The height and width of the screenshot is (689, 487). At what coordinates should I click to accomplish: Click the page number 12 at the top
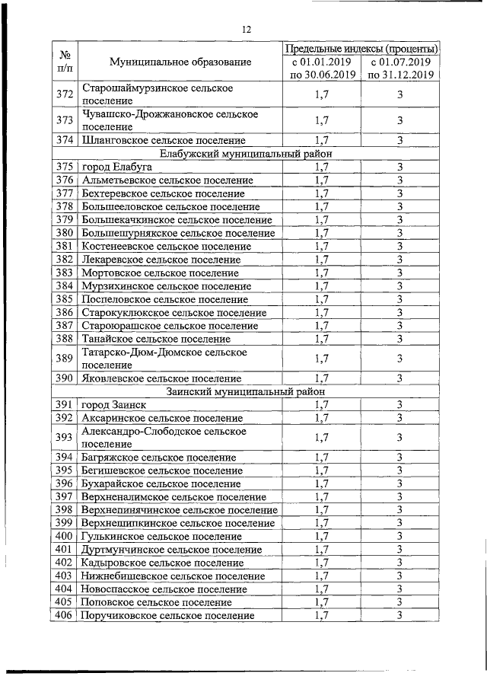click(x=246, y=29)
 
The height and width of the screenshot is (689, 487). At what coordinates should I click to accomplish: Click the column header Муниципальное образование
click(x=180, y=62)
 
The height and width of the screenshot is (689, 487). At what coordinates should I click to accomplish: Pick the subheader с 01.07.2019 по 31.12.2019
click(x=399, y=69)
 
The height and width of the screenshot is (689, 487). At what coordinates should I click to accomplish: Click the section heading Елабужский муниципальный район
click(x=245, y=153)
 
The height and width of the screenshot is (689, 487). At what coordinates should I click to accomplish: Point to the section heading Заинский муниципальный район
click(x=245, y=391)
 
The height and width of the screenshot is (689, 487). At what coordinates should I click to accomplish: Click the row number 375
click(x=65, y=167)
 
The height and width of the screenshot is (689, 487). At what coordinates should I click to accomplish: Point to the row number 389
click(x=65, y=358)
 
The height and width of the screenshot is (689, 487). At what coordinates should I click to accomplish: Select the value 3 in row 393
click(x=399, y=437)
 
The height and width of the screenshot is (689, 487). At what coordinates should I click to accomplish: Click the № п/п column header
click(x=65, y=62)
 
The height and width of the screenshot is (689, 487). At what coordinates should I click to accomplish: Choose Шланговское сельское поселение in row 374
click(x=164, y=140)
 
